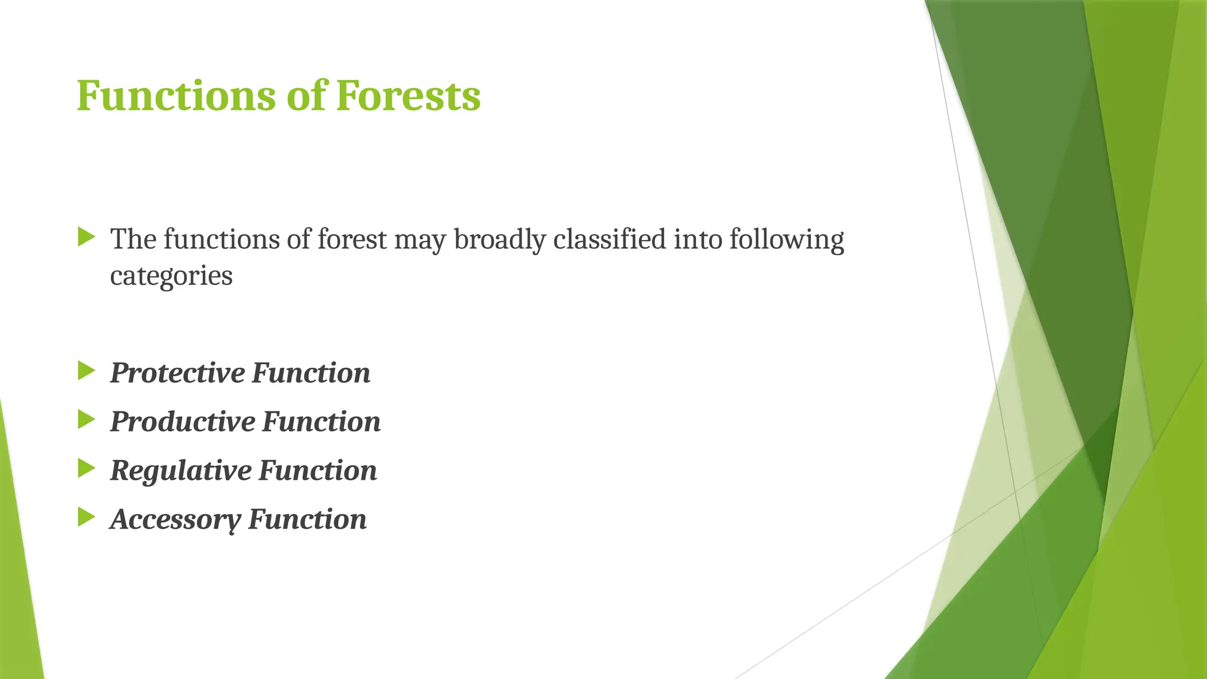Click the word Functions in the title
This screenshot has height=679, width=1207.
pyautogui.click(x=176, y=95)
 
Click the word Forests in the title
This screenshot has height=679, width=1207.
pyautogui.click(x=408, y=95)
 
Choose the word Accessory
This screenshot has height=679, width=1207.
pyautogui.click(x=176, y=520)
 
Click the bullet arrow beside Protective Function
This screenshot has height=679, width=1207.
pyautogui.click(x=86, y=371)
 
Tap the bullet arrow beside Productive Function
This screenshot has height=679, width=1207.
pyautogui.click(x=86, y=420)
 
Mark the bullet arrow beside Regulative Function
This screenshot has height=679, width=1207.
pyautogui.click(x=86, y=469)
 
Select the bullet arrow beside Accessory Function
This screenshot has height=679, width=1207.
pyautogui.click(x=86, y=518)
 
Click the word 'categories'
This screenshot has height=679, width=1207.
pyautogui.click(x=172, y=276)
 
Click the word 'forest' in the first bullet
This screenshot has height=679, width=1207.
pyautogui.click(x=352, y=239)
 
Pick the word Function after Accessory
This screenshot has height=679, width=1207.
pyautogui.click(x=307, y=520)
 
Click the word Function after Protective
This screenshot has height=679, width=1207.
pyautogui.click(x=311, y=373)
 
